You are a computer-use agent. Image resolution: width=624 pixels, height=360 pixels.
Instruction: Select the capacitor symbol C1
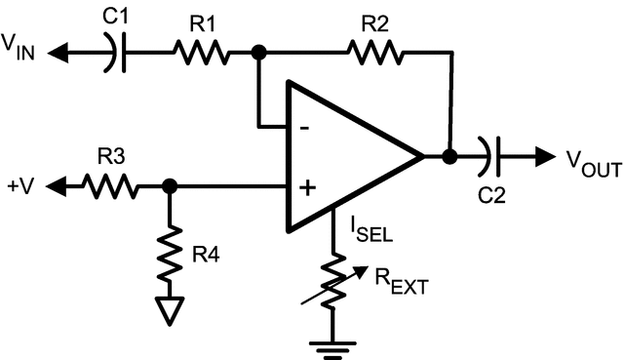pos(116,52)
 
